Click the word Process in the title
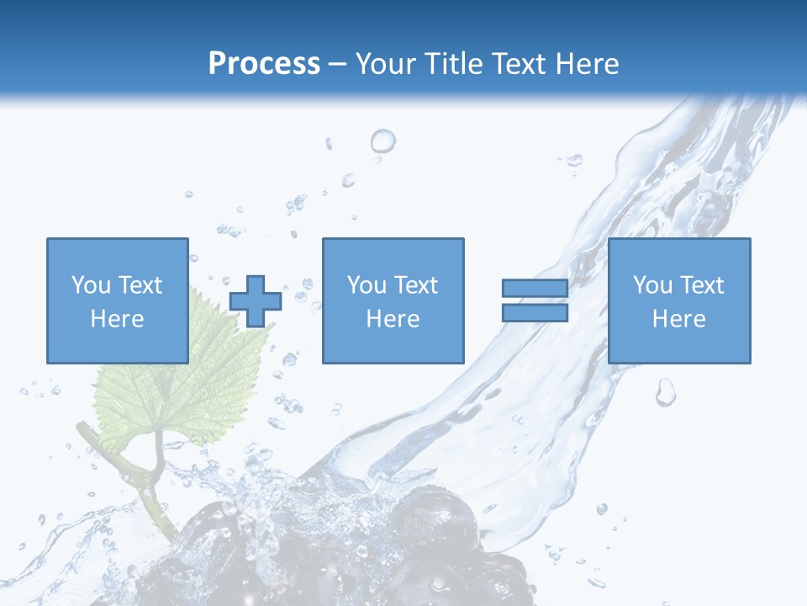[264, 64]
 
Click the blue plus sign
[255, 301]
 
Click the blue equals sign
[535, 300]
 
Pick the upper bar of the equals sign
[535, 289]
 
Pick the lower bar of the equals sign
[535, 313]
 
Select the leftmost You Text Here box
[117, 300]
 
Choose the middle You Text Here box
[393, 300]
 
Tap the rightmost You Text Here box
[678, 300]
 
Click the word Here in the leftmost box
[117, 319]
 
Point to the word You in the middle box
[367, 285]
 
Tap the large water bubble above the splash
[382, 141]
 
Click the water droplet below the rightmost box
[666, 391]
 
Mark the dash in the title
[338, 64]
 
